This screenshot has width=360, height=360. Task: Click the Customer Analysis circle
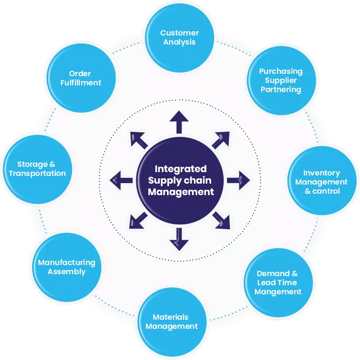180,37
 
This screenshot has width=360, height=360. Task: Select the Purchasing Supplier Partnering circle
281,80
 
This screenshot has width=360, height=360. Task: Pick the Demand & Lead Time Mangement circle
278,282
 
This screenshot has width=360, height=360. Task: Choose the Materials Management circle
171,322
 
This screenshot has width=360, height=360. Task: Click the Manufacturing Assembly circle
67,267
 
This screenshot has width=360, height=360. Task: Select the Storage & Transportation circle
37,169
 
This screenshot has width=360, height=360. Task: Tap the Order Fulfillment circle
81,78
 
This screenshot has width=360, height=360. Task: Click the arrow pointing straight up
179,122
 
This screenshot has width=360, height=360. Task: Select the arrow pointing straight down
179,239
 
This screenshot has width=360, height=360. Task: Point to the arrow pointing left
121,180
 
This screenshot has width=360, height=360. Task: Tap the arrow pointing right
238,180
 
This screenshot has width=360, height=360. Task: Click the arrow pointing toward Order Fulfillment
139,139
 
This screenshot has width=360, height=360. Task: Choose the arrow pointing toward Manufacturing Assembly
138,221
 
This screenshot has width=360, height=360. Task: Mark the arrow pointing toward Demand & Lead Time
221,220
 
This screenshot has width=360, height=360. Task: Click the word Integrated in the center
180,169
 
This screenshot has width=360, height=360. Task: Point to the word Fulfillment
81,82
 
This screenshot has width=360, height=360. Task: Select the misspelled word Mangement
278,291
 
